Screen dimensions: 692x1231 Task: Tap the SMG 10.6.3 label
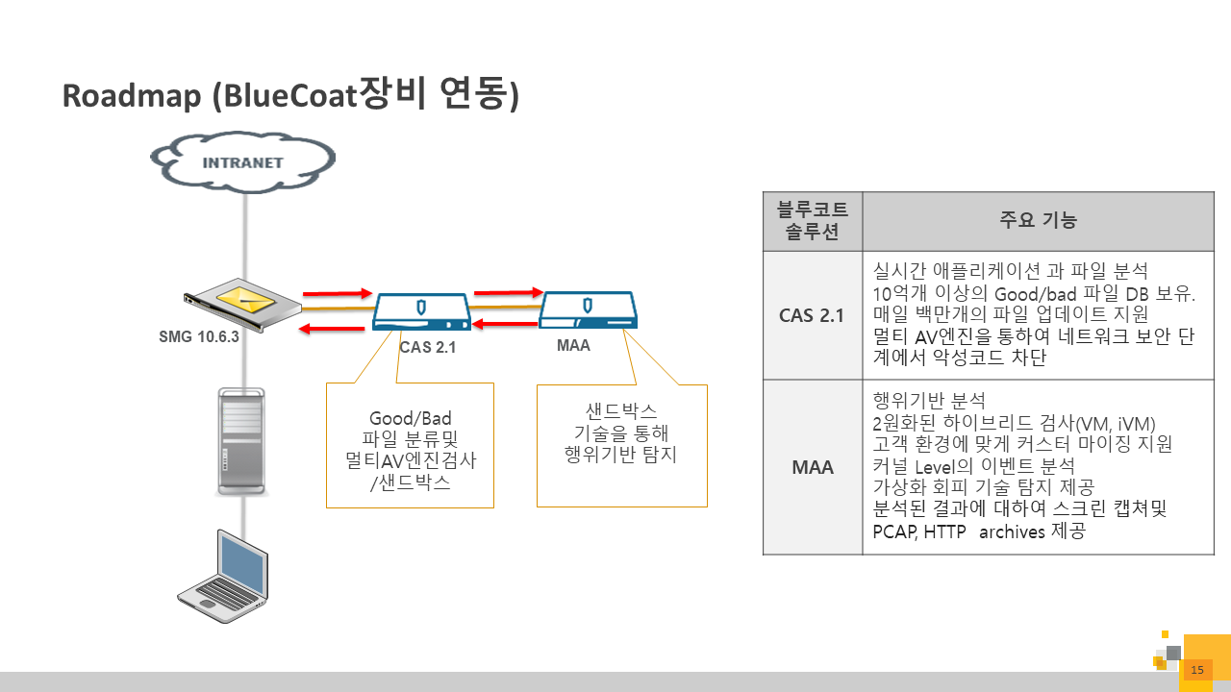(x=197, y=336)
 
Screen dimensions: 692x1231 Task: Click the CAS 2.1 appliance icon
(x=421, y=311)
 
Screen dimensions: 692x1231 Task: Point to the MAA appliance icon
(x=590, y=309)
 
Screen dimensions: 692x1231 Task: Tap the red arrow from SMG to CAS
(x=337, y=292)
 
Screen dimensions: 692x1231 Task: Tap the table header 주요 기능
(x=1039, y=221)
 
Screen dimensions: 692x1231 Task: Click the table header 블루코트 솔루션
(x=813, y=221)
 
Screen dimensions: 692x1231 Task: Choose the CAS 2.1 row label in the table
(x=813, y=314)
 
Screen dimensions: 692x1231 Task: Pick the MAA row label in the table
(x=813, y=467)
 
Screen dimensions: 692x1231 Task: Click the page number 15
(x=1197, y=670)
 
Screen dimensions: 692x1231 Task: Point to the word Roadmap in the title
(x=132, y=96)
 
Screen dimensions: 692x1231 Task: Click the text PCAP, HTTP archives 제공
(x=978, y=531)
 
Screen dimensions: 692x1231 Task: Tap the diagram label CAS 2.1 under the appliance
(x=427, y=348)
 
